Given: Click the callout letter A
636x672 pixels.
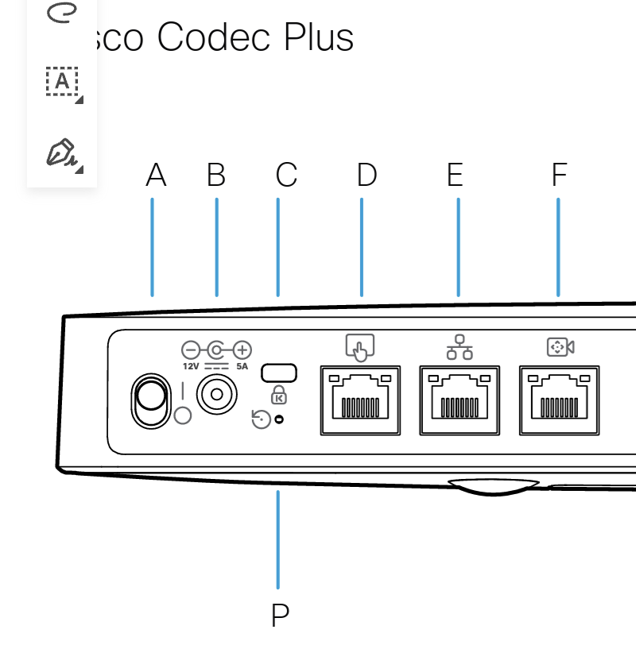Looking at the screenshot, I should coord(156,176).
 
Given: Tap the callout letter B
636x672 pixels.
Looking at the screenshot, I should coord(216,176).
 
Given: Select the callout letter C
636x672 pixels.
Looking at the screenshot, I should coord(286,176).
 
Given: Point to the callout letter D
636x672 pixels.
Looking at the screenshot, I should coord(366,176).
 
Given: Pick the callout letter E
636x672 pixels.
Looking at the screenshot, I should coord(455,176).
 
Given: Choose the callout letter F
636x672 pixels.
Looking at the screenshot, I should coord(560,176).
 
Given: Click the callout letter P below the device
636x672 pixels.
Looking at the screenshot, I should coord(280,616).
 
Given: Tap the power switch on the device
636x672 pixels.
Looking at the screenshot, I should coord(151,402).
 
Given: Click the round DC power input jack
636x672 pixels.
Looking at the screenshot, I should coord(215,394).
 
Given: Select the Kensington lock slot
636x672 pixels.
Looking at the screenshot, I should coord(279,372).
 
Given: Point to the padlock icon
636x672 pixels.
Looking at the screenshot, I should coord(279,394).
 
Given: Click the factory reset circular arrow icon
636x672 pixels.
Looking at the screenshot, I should coord(261,419).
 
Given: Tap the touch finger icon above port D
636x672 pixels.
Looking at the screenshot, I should coord(360,347).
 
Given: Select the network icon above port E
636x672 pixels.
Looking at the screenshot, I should coord(460,347).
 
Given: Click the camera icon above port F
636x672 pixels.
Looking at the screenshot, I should coord(560,347).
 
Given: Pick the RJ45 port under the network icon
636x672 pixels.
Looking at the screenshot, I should coord(460,400).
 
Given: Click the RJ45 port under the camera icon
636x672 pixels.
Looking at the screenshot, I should coord(559,400).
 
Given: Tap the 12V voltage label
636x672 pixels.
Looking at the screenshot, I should coord(191,366).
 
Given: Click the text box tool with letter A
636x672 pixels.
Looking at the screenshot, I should coord(62,81).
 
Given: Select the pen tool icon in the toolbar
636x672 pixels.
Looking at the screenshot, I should coord(62,153).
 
